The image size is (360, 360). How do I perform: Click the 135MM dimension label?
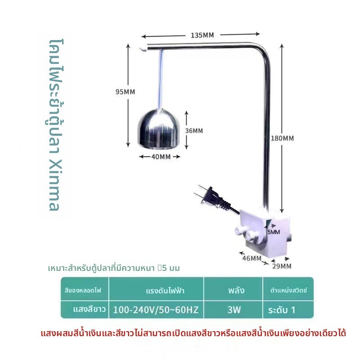pyautogui.click(x=202, y=35)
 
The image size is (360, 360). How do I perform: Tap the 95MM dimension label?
pyautogui.click(x=125, y=92)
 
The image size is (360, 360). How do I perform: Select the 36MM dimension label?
pyautogui.click(x=194, y=130)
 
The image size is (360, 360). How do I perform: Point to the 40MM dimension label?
pyautogui.click(x=161, y=157)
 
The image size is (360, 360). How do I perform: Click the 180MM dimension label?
pyautogui.click(x=282, y=138)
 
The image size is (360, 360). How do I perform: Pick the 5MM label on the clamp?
pyautogui.click(x=274, y=232)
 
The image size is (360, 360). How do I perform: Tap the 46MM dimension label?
pyautogui.click(x=252, y=258)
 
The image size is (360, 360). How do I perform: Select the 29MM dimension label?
pyautogui.click(x=282, y=266)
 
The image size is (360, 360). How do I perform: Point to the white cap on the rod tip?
pyautogui.click(x=143, y=49)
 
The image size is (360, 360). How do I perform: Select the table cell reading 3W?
pyautogui.click(x=234, y=310)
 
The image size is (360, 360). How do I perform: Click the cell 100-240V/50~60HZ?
pyautogui.click(x=156, y=310)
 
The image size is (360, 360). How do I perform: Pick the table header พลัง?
pyautogui.click(x=236, y=290)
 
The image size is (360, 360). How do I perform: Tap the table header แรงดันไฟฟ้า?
pyautogui.click(x=165, y=291)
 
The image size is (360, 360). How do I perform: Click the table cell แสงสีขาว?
pyautogui.click(x=89, y=309)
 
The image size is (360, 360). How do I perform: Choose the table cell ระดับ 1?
pyautogui.click(x=282, y=310)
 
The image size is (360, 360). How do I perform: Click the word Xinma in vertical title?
pyautogui.click(x=54, y=185)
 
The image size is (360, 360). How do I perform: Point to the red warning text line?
pyautogui.click(x=193, y=333)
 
